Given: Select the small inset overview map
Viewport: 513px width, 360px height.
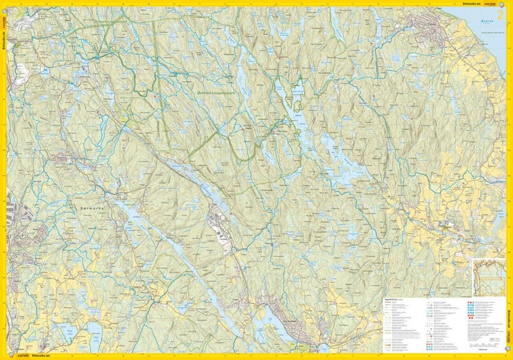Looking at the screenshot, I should [x=488, y=277].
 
